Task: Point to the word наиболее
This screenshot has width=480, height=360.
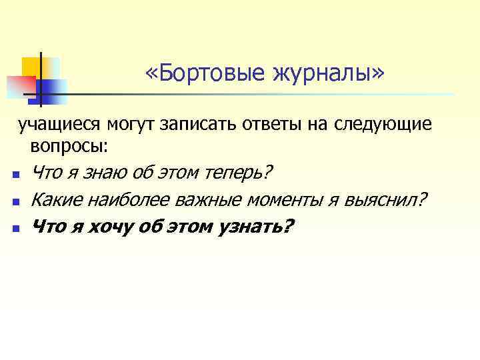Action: (x=125, y=199)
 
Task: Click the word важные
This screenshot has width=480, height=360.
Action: (x=207, y=199)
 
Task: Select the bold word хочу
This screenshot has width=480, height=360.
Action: (x=106, y=227)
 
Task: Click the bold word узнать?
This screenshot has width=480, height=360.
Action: (x=255, y=227)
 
